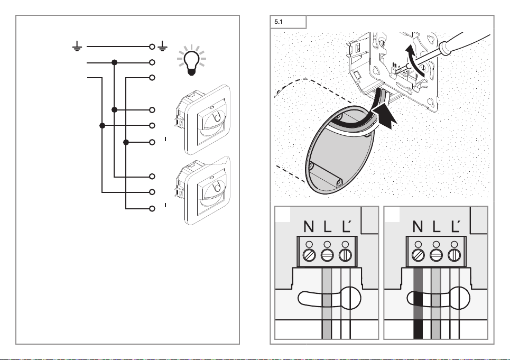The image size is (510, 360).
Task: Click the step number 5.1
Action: (279, 22)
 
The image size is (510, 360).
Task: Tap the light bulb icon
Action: (191, 60)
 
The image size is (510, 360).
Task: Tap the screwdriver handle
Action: (465, 42)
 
